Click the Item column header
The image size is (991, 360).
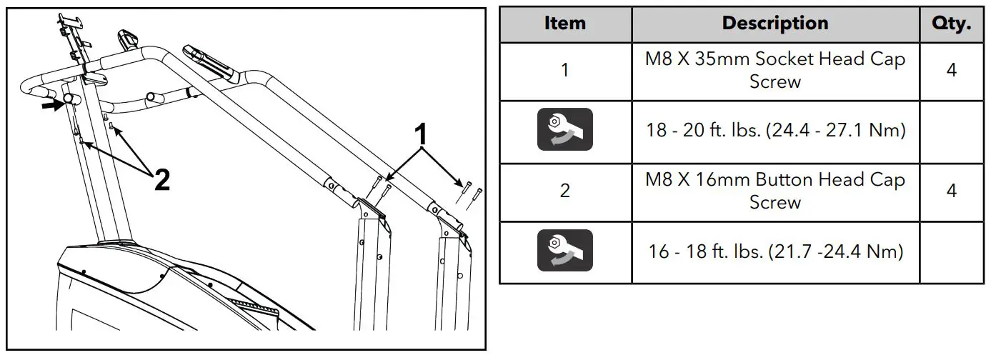pos(564,24)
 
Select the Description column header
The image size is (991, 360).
pos(775,24)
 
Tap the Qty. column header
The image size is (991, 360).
pos(951,24)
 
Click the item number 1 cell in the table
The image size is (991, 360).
pos(564,71)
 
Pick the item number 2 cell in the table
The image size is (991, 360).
pos(564,191)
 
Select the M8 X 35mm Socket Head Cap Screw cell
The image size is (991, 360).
pos(775,71)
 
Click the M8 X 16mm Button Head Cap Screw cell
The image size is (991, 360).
pos(775,191)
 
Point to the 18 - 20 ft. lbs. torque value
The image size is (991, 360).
pos(775,131)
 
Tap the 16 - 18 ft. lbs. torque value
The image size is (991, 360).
pos(775,251)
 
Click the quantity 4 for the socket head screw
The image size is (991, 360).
pos(951,71)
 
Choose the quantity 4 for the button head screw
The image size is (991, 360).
pos(951,191)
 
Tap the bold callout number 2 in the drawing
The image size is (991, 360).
pos(162,181)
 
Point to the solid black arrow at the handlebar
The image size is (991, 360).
pos(51,105)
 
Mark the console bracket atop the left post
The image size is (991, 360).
pos(74,36)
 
